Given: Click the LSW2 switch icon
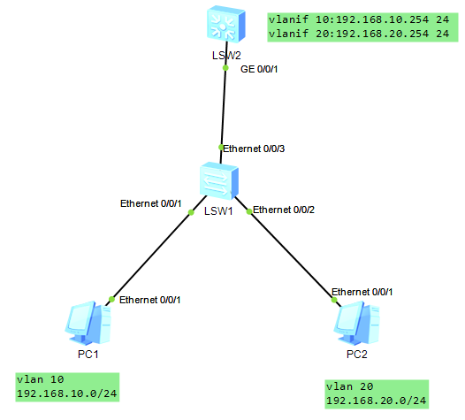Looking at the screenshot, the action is coord(226,24).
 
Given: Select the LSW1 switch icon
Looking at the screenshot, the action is coord(219,180).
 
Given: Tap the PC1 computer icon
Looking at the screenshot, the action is coord(88,323).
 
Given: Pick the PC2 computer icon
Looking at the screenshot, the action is coord(357,323).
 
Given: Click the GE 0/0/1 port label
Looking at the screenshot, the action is coord(259,69).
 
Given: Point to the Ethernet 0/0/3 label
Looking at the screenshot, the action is coord(254,149).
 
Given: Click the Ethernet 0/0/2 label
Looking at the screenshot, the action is coord(284,210).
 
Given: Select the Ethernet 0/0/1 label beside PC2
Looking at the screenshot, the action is coord(362,292).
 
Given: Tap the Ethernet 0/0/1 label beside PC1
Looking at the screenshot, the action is coord(149,300).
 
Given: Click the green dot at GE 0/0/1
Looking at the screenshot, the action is coord(225,68).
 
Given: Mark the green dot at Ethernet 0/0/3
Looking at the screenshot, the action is coord(221,147).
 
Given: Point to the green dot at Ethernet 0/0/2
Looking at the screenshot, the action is coord(249,211).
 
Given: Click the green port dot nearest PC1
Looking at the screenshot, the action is coord(111,299).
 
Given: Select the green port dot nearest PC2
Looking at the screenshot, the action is coord(334,300).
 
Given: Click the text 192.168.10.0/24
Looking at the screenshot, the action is coord(67,393).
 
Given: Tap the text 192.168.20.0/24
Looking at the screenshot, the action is coord(377,401).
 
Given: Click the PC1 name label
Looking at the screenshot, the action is coord(88,355).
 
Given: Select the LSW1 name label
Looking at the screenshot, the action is coord(218,211).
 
